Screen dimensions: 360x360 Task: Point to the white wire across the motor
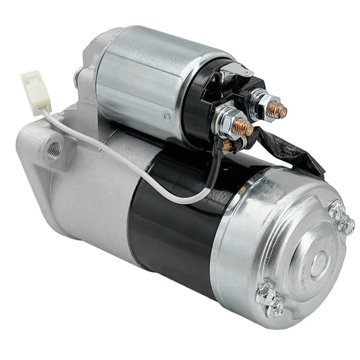point(135,168)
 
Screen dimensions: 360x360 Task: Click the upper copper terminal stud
point(277,110)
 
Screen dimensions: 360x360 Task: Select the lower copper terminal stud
point(244,127)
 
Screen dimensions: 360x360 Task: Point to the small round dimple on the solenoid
point(166,116)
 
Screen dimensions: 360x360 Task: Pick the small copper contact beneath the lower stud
point(229,144)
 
